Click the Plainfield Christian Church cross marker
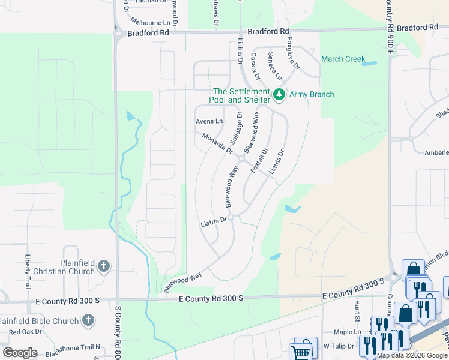[x=104, y=266]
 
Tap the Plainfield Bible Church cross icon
[x=88, y=320]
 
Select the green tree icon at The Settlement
[x=279, y=94]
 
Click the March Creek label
[x=343, y=59]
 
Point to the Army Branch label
[x=312, y=94]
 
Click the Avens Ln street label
[x=209, y=121]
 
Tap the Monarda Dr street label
[x=217, y=143]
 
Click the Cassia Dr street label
[x=255, y=66]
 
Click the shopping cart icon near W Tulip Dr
[x=302, y=350]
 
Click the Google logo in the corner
[x=20, y=352]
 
